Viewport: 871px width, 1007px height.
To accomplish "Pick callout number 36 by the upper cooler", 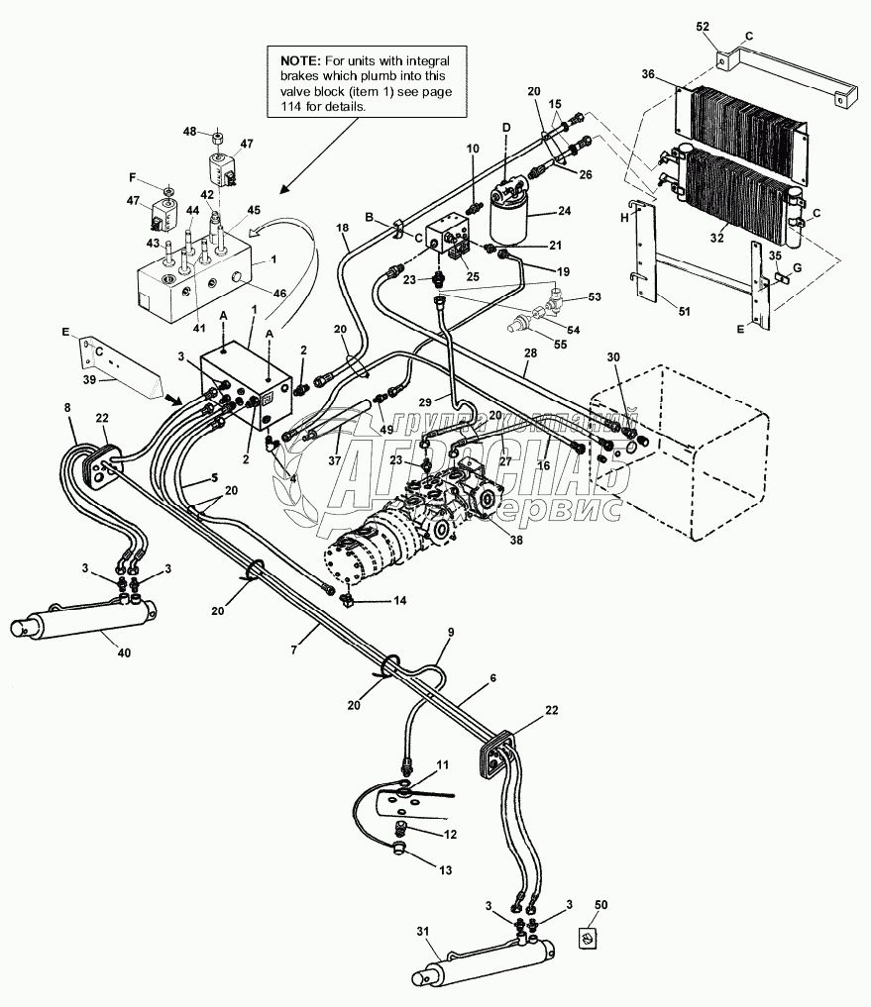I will (648, 74).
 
